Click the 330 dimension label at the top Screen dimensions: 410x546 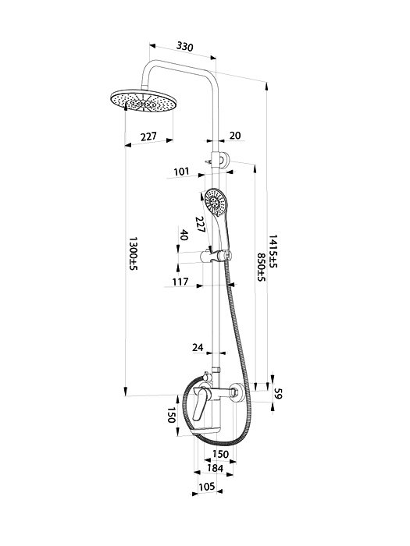pos(185,46)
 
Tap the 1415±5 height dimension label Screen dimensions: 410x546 pos(273,251)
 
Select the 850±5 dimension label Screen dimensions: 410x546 pos(262,267)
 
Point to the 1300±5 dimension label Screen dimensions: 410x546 pos(134,253)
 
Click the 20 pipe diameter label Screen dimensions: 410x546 pos(235,135)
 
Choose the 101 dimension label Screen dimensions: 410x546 pos(181,172)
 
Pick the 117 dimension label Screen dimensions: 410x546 pos(180,282)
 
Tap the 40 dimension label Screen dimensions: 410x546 pos(184,235)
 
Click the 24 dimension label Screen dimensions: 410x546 pos(198,347)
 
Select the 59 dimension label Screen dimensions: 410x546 pos(278,393)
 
